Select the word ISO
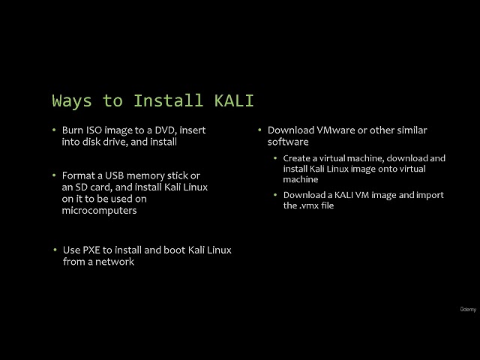point(96,130)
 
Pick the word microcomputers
point(99,211)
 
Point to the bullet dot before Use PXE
point(55,250)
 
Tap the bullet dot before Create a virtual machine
point(275,158)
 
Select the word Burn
point(73,130)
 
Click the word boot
point(163,250)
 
